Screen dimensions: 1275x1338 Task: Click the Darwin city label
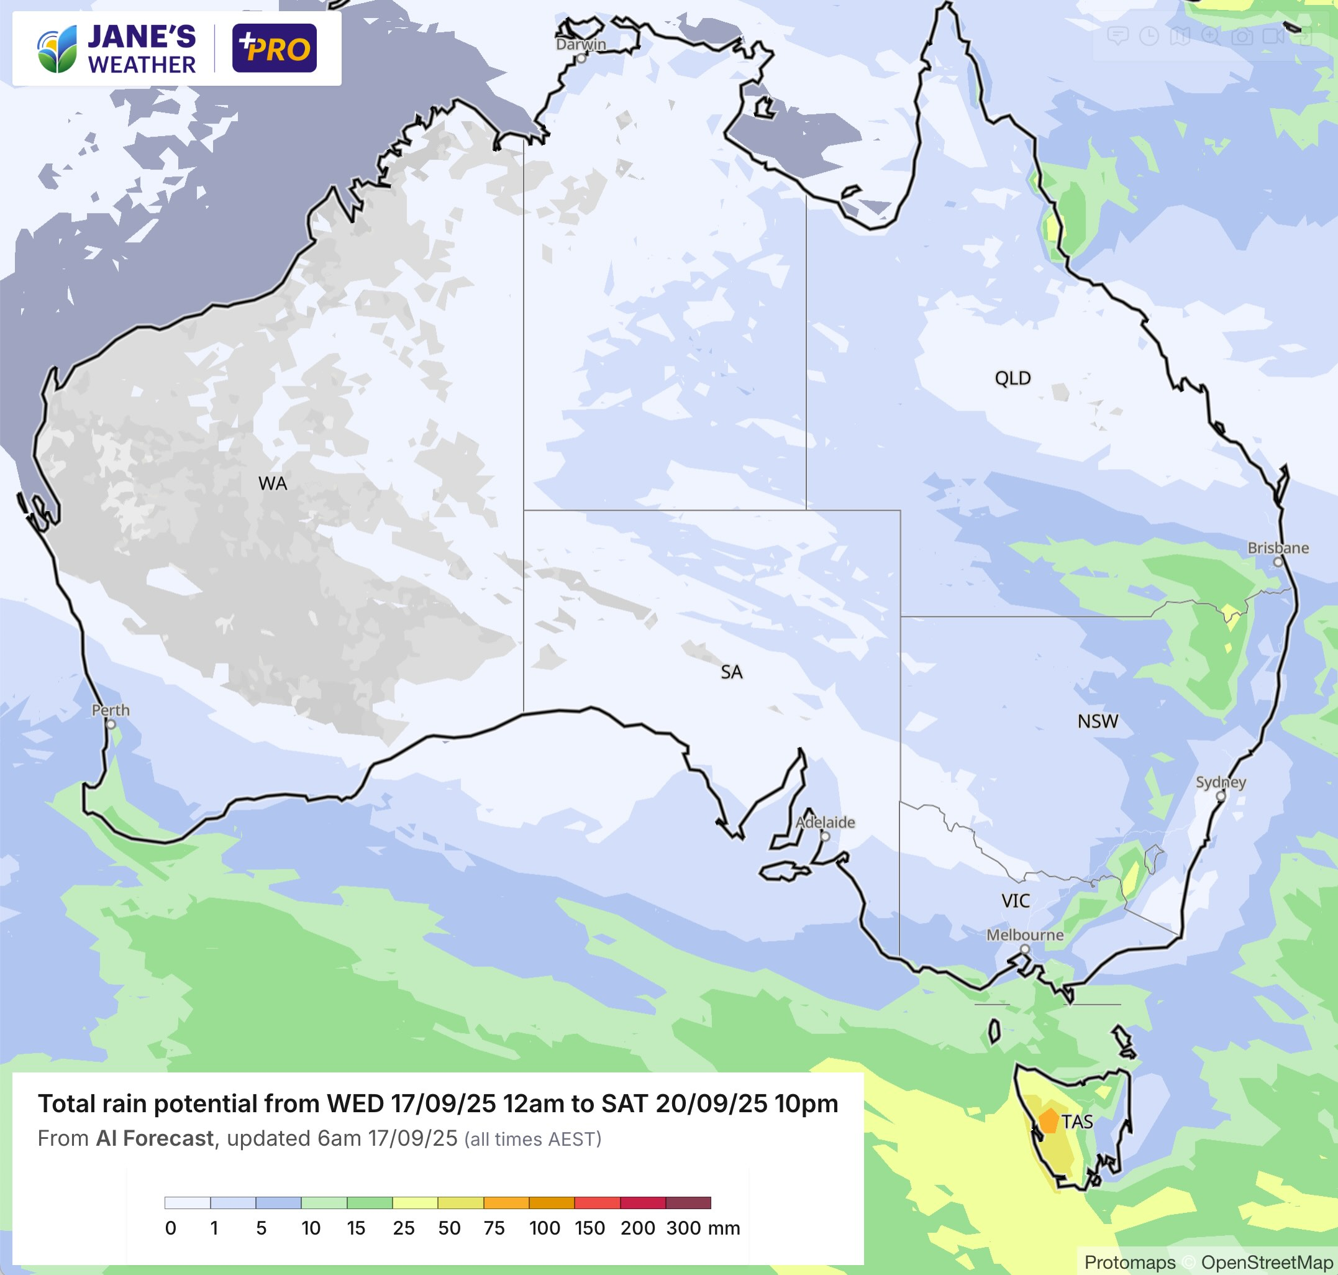click(x=580, y=44)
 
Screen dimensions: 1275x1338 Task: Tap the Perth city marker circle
click(x=111, y=724)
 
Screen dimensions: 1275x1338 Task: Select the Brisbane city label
click(x=1278, y=548)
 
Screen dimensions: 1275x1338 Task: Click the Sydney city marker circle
click(x=1221, y=797)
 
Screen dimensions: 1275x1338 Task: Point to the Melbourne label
click(x=1025, y=935)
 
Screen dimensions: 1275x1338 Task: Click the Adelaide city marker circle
click(x=825, y=836)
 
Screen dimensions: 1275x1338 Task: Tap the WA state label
click(x=273, y=484)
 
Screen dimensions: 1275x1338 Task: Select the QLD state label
click(x=1013, y=378)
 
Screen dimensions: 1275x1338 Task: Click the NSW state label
click(x=1098, y=722)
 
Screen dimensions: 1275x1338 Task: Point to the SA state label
click(x=731, y=672)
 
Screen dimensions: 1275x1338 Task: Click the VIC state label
click(x=1015, y=901)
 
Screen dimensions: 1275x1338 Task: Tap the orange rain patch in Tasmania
click(x=1049, y=1122)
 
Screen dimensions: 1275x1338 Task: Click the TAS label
click(x=1078, y=1122)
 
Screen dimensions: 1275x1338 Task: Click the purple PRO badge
click(x=274, y=48)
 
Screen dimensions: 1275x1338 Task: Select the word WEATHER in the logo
click(x=142, y=65)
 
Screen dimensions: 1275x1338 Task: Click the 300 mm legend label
click(x=703, y=1228)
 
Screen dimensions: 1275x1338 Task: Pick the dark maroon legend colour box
click(x=688, y=1203)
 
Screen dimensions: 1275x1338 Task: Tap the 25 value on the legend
click(x=403, y=1228)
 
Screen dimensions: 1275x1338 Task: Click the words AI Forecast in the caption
click(x=154, y=1138)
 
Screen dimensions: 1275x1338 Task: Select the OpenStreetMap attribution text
click(x=1266, y=1262)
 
